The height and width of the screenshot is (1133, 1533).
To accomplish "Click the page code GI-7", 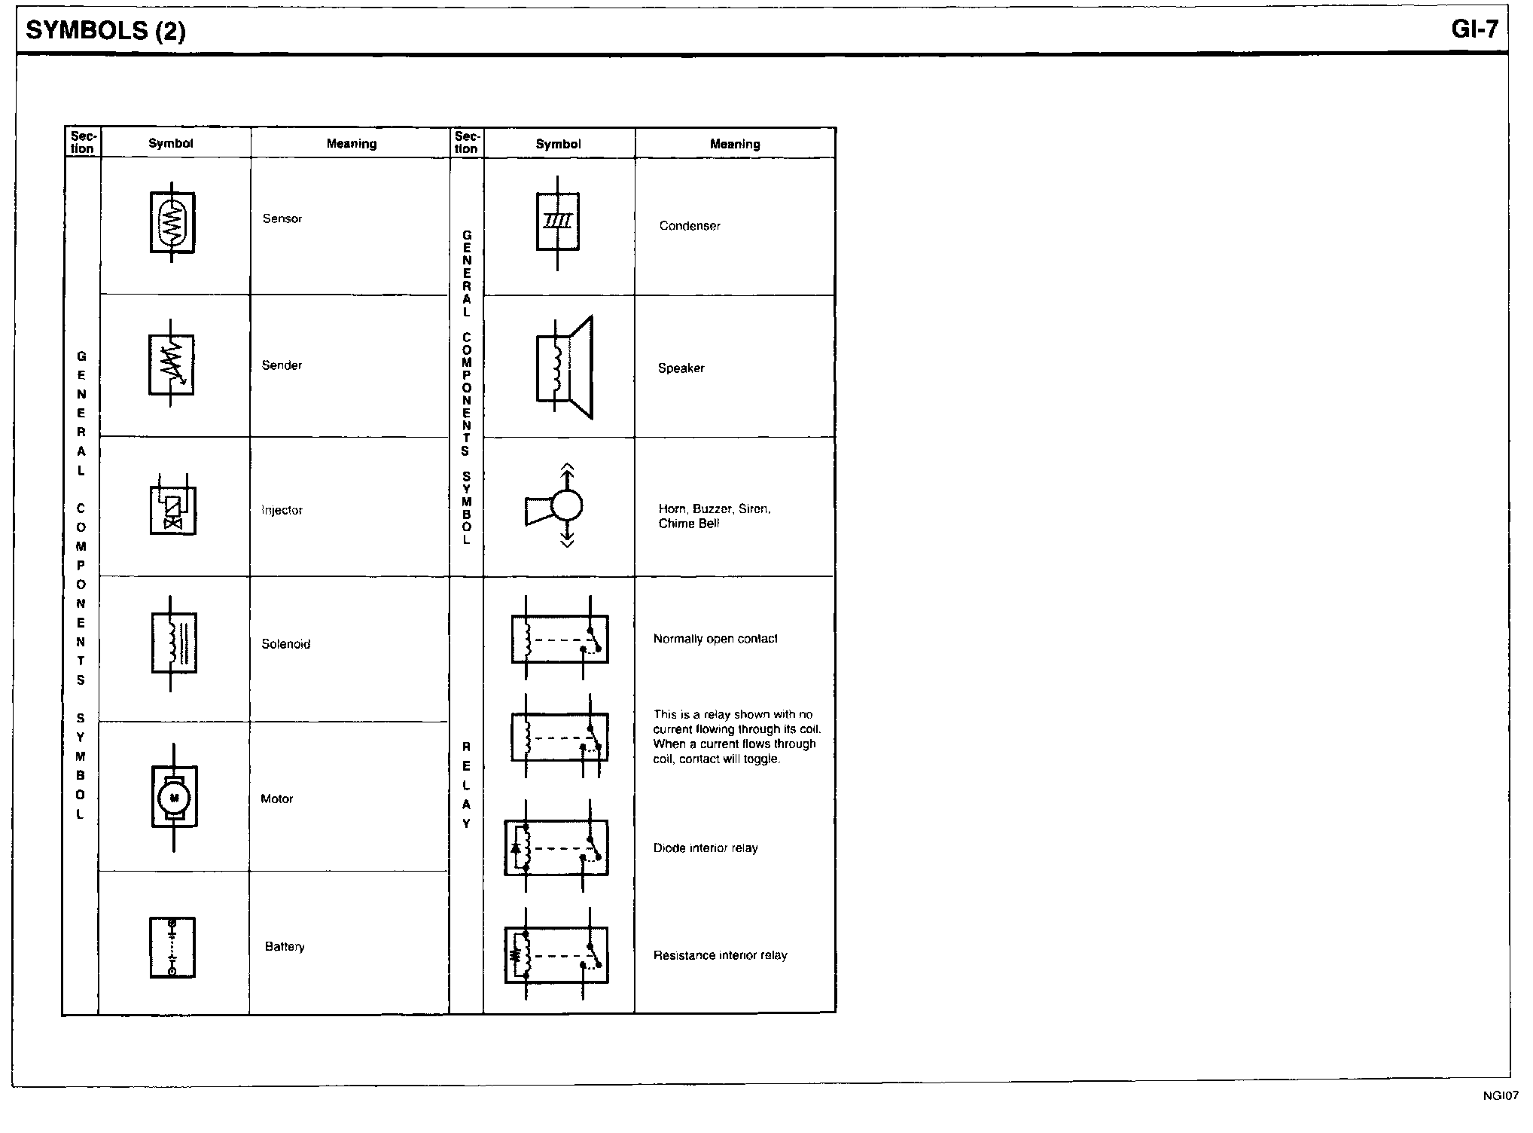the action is pos(1474,29).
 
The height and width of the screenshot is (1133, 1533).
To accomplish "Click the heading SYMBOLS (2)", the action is pos(105,31).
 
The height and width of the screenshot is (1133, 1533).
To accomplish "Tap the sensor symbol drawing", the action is pos(172,222).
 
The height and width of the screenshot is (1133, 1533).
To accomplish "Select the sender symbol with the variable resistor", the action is pos(172,364).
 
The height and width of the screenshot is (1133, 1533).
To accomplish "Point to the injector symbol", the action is pos(173,505).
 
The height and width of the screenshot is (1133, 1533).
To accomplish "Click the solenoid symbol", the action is pos(173,643).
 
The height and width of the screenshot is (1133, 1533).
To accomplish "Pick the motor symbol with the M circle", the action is pos(174,797).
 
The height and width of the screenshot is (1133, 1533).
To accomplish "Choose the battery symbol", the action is pos(172,948).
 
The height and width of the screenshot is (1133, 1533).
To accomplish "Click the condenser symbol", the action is pos(558,222).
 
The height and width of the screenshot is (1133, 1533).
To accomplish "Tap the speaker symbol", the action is pos(565,368).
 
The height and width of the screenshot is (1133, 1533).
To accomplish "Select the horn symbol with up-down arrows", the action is pos(554,505).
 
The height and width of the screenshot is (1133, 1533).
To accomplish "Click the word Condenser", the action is pos(690,226).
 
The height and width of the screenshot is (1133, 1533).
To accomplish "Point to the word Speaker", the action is pos(681,368).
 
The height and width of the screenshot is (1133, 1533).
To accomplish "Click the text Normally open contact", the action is pos(715,639).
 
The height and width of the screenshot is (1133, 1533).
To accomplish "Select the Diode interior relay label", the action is pos(706,848).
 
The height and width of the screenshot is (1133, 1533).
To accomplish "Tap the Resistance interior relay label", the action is pos(721,955).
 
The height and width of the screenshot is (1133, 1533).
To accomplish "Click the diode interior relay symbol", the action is pos(556,847).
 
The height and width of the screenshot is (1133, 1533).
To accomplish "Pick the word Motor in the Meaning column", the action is pos(277,799).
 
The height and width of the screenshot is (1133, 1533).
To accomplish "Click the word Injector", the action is pos(282,510).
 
